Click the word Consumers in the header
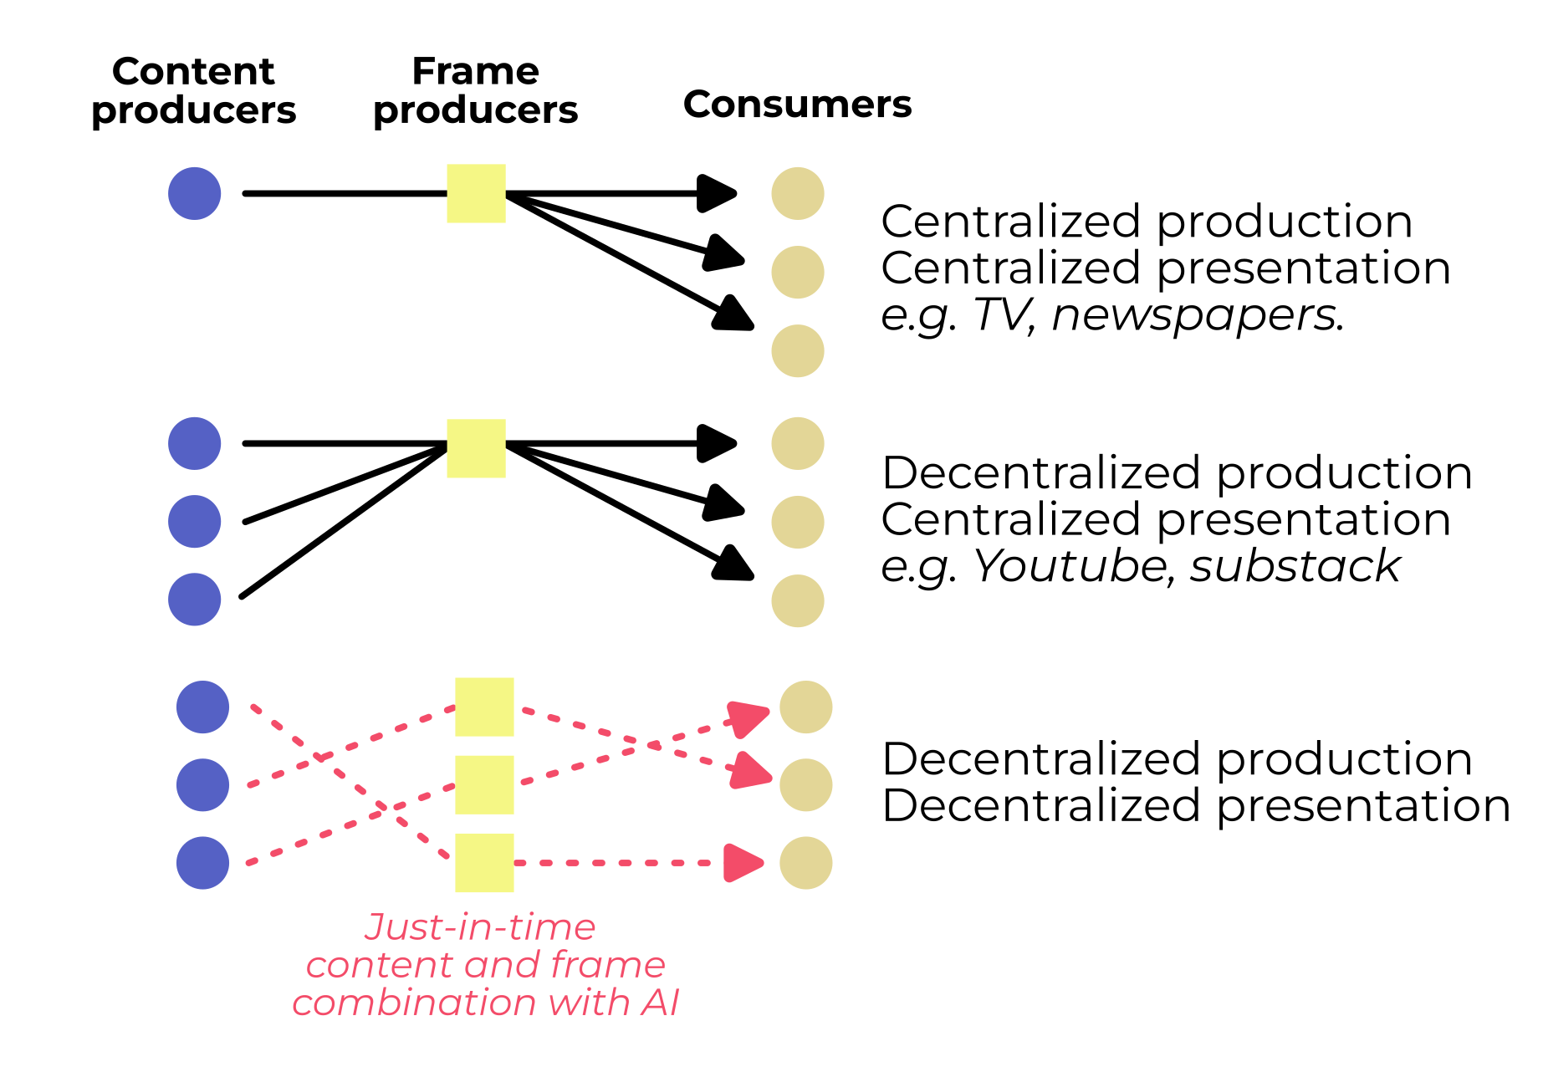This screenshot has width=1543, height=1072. pyautogui.click(x=797, y=105)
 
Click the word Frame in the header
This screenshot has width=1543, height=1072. pyautogui.click(x=475, y=72)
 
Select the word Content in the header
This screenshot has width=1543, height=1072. pyautogui.click(x=193, y=72)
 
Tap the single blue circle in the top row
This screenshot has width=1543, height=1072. pyautogui.click(x=194, y=194)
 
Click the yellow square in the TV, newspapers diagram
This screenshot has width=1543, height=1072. pyautogui.click(x=476, y=194)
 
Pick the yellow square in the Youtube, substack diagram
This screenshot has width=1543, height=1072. pyautogui.click(x=476, y=448)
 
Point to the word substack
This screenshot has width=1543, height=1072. pyautogui.click(x=1295, y=566)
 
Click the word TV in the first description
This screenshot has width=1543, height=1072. pyautogui.click(x=1001, y=315)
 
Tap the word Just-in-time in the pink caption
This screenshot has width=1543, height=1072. pyautogui.click(x=480, y=927)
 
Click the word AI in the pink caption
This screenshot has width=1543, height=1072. pyautogui.click(x=660, y=1003)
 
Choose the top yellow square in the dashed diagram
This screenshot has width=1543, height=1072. pyautogui.click(x=484, y=707)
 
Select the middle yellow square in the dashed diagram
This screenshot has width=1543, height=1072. pyautogui.click(x=484, y=785)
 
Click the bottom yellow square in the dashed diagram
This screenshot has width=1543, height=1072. pyautogui.click(x=484, y=863)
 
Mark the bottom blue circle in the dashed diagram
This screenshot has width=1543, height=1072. pyautogui.click(x=202, y=863)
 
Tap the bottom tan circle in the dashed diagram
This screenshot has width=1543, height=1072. pyautogui.click(x=805, y=863)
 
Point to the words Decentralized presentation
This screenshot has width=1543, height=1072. pyautogui.click(x=1195, y=806)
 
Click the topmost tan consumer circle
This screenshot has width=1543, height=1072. pyautogui.click(x=797, y=194)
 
